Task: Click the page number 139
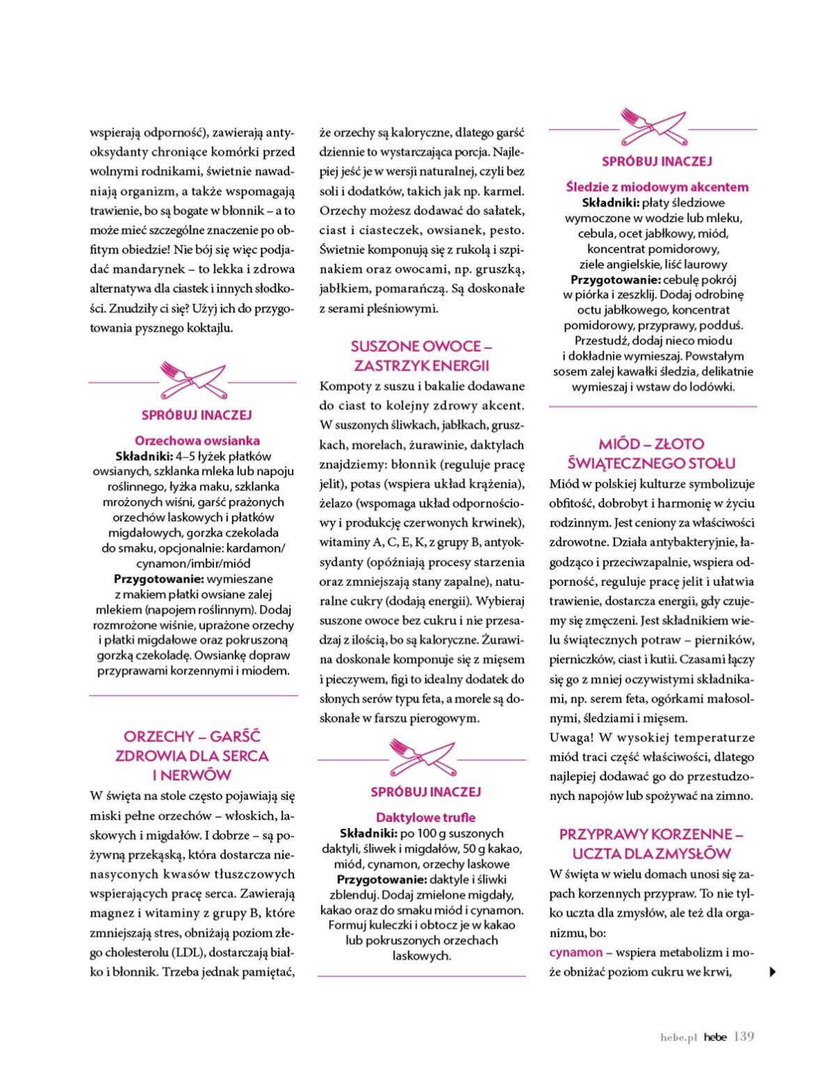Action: click(744, 1037)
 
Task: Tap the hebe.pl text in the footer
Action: click(679, 1038)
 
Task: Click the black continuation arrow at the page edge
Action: click(771, 972)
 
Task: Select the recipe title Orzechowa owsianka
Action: click(197, 440)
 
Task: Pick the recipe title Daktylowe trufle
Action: click(426, 817)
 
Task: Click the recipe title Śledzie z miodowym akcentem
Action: click(657, 187)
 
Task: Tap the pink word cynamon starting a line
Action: click(575, 952)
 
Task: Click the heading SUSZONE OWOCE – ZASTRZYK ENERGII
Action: click(421, 355)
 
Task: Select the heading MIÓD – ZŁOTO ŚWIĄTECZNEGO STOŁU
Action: click(651, 453)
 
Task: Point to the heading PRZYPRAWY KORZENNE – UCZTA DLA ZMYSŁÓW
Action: click(651, 843)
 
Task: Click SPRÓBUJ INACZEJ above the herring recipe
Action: click(656, 162)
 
